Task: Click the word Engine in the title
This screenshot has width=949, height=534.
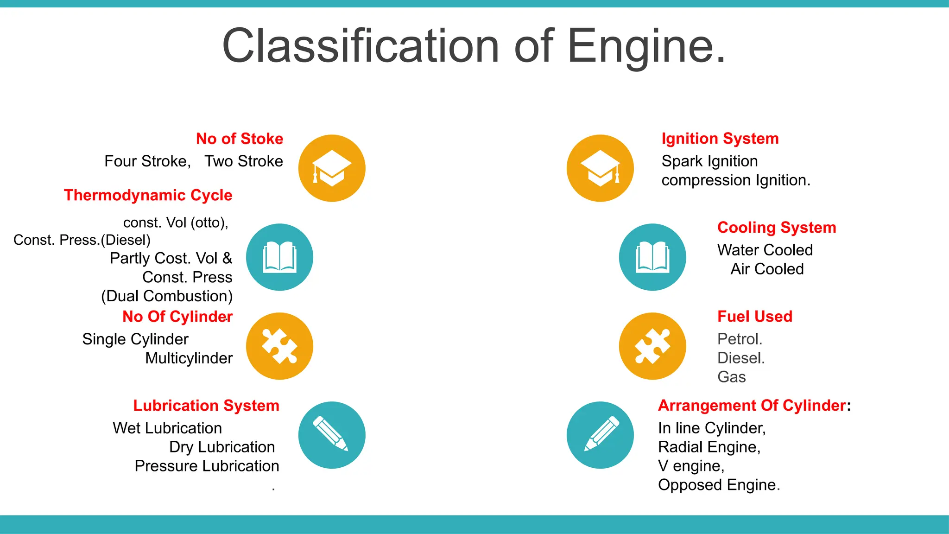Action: pyautogui.click(x=646, y=46)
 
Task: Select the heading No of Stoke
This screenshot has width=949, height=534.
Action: pyautogui.click(x=239, y=139)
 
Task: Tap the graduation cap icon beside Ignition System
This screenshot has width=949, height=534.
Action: pyautogui.click(x=600, y=168)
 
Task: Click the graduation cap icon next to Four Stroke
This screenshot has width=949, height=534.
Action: pyautogui.click(x=332, y=168)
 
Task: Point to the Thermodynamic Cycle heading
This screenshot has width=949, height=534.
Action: pyautogui.click(x=148, y=195)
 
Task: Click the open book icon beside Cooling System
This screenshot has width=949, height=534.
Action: pyautogui.click(x=652, y=257)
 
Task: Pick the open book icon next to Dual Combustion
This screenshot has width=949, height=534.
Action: pyautogui.click(x=279, y=257)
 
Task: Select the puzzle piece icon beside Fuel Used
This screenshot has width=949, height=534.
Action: pyautogui.click(x=652, y=346)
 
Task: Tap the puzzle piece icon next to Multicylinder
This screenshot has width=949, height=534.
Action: pyautogui.click(x=279, y=346)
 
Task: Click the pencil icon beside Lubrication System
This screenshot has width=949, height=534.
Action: pyautogui.click(x=332, y=435)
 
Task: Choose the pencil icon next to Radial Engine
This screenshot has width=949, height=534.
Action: pyautogui.click(x=600, y=435)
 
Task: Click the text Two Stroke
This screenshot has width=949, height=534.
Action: pyautogui.click(x=244, y=161)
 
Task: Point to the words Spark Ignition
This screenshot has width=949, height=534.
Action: pyautogui.click(x=709, y=161)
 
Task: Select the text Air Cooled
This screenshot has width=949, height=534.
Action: pyautogui.click(x=767, y=269)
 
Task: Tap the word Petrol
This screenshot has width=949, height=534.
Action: pyautogui.click(x=740, y=339)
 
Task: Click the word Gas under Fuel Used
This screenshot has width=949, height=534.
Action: pyautogui.click(x=731, y=377)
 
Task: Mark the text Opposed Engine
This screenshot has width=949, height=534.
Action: pyautogui.click(x=719, y=485)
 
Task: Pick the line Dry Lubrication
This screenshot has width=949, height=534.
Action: pyautogui.click(x=222, y=447)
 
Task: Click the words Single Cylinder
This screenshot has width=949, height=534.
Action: pyautogui.click(x=135, y=339)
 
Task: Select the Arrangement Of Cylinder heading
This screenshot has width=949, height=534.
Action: pyautogui.click(x=752, y=406)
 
